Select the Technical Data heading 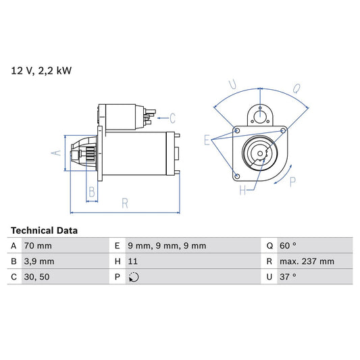coord(44,230)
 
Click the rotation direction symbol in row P coord(134,277)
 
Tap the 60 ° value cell coord(291,246)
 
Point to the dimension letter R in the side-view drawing coord(125,202)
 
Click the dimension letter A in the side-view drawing coord(57,153)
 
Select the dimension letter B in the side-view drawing coord(92,192)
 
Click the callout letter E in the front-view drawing coord(207,140)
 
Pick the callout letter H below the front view coord(242,191)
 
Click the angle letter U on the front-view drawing coord(232,84)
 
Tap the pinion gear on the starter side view coord(86,154)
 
